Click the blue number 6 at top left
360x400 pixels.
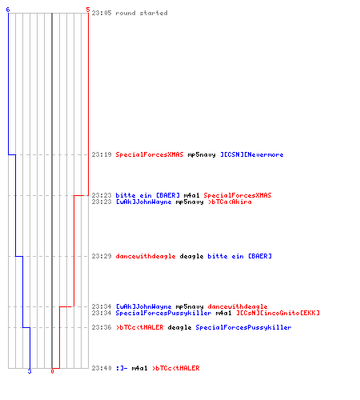8,10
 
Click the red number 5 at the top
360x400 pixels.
88,10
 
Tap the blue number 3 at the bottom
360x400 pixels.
30,371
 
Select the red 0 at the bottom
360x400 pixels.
52,371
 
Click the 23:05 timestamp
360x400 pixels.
102,13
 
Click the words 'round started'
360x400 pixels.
142,13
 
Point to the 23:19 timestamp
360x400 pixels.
102,154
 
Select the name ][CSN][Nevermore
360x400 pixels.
252,154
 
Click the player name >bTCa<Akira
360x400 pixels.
230,202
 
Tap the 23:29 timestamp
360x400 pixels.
102,256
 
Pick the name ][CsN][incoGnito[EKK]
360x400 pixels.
278,313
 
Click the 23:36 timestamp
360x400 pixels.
102,327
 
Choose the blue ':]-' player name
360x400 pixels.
122,368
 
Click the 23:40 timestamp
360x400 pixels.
102,368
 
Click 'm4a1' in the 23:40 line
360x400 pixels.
139,368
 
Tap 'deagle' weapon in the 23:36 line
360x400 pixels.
179,327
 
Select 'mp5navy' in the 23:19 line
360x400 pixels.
202,154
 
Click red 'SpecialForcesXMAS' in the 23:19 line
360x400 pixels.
150,154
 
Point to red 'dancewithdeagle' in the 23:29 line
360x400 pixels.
146,256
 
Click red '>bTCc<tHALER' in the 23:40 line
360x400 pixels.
176,368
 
